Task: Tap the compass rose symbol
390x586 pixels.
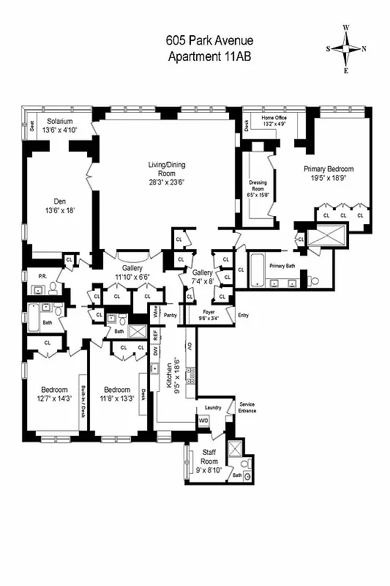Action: (346, 49)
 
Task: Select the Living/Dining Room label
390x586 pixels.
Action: (168, 174)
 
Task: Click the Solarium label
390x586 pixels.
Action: (61, 121)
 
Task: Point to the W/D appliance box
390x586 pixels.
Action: (203, 421)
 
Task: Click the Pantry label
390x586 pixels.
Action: (171, 315)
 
